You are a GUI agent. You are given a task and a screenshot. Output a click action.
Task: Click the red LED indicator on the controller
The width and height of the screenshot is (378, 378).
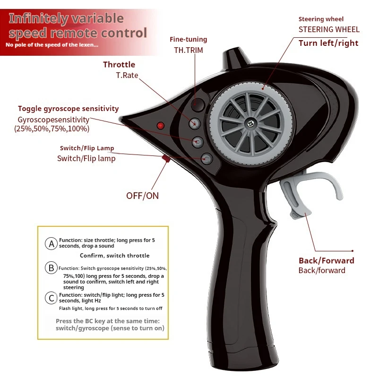tap(160, 126)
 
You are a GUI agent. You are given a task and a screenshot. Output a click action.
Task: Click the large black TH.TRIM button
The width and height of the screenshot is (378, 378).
tap(198, 105)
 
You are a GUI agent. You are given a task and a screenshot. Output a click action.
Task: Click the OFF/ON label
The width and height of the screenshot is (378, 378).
tap(142, 196)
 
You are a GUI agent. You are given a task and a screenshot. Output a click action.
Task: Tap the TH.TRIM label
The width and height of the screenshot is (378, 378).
tap(188, 50)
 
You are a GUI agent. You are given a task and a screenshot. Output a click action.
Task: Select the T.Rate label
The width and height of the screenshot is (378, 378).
tap(127, 75)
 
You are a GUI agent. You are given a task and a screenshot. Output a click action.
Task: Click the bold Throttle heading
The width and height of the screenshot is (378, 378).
tap(119, 65)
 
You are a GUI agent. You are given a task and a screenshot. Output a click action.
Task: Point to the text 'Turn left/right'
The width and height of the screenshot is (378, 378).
tap(328, 43)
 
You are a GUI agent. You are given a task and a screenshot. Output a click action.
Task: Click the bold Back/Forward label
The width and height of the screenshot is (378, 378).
tap(326, 260)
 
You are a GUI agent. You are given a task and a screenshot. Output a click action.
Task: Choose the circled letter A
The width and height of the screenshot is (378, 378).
tap(51, 244)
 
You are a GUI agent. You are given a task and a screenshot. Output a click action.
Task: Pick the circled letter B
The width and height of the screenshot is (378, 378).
tap(51, 268)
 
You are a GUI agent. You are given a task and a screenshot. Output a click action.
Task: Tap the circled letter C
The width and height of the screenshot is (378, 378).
tap(51, 298)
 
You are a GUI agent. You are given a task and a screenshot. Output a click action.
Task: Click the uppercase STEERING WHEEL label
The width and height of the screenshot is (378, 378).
tap(329, 29)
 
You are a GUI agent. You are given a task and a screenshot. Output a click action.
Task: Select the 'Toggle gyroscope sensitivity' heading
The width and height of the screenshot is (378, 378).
tap(69, 109)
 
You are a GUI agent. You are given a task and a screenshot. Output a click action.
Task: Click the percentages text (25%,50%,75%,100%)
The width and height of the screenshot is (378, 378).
tap(52, 129)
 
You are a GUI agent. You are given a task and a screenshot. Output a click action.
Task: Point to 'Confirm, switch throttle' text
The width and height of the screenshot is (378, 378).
tap(114, 256)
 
